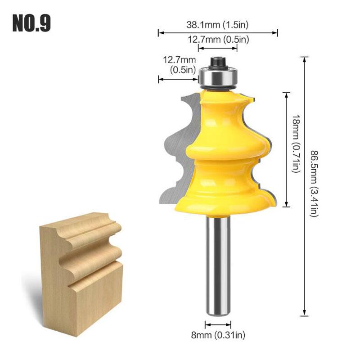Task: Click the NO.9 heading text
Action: (x=31, y=23)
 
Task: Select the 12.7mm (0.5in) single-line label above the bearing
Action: (x=218, y=40)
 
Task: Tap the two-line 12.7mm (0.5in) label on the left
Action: (x=179, y=64)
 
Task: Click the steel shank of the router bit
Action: (x=218, y=261)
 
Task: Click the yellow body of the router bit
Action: (x=225, y=148)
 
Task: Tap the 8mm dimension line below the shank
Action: (x=218, y=324)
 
